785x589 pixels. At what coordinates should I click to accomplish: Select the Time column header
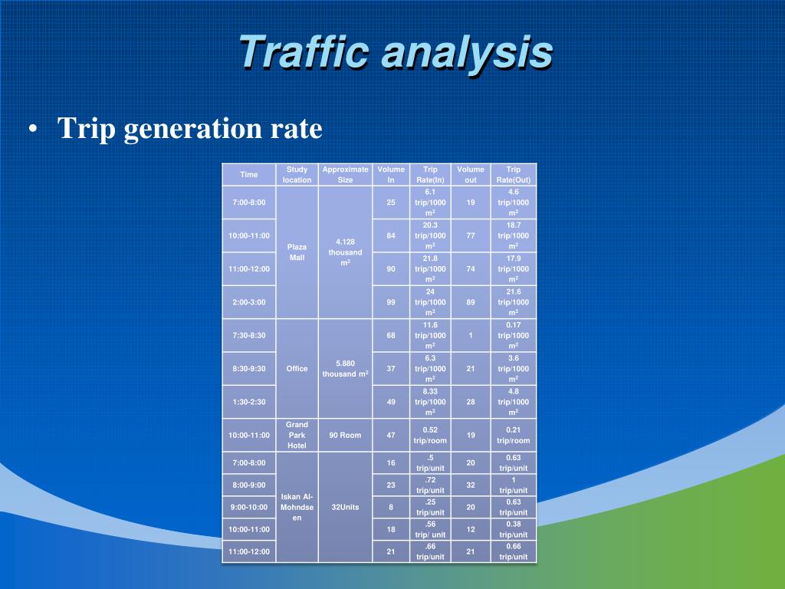pos(249,175)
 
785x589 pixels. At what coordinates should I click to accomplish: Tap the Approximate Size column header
pos(345,175)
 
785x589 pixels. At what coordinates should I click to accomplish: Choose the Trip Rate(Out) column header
pos(514,175)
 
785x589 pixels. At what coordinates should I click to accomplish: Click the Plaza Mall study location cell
pos(297,252)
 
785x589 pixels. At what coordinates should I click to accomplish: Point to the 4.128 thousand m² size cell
pos(345,252)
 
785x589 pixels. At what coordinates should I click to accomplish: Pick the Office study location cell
pos(297,368)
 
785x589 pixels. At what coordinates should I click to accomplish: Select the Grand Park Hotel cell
pos(297,435)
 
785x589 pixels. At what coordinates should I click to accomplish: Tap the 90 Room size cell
pos(345,435)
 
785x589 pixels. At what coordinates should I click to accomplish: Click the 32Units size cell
pos(345,507)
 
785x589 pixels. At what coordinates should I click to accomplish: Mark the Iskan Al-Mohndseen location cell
pos(297,507)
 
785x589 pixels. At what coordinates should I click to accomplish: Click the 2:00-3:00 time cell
pos(249,302)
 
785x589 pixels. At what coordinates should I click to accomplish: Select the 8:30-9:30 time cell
pos(249,368)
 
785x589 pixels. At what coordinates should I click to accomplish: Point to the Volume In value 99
pos(391,302)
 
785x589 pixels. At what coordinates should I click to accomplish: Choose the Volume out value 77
pos(471,235)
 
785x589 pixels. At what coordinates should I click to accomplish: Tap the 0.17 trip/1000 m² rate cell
pos(514,335)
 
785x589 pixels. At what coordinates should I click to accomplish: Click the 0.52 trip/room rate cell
pos(430,435)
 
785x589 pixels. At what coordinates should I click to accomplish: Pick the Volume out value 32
pos(471,485)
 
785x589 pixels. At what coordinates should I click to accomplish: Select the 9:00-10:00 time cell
pos(249,507)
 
